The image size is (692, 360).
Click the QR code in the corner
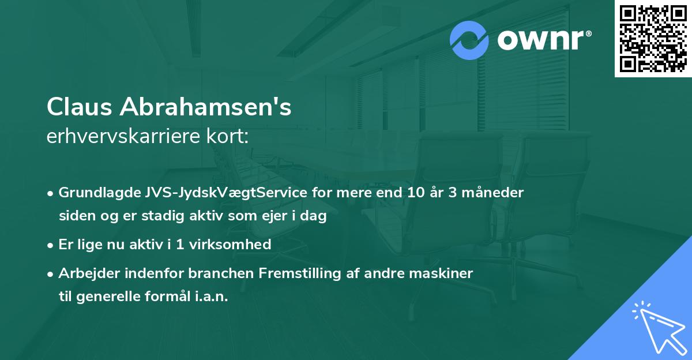[x=653, y=39]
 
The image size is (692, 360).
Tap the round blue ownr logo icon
[x=469, y=41]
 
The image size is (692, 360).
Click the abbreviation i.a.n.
[x=210, y=297]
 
